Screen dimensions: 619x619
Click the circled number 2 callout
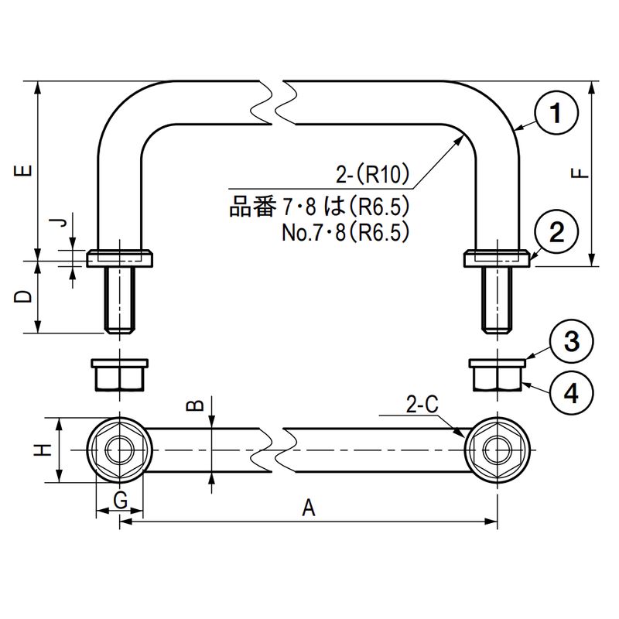(556, 231)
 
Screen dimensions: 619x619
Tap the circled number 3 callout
(570, 341)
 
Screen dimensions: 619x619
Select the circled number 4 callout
(570, 394)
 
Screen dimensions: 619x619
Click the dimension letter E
(25, 170)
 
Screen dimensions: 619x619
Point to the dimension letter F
(582, 173)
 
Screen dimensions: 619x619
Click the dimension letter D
(25, 297)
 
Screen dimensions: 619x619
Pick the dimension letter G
(120, 501)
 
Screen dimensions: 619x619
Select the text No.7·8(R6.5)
(344, 232)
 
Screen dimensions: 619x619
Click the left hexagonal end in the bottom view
(120, 450)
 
